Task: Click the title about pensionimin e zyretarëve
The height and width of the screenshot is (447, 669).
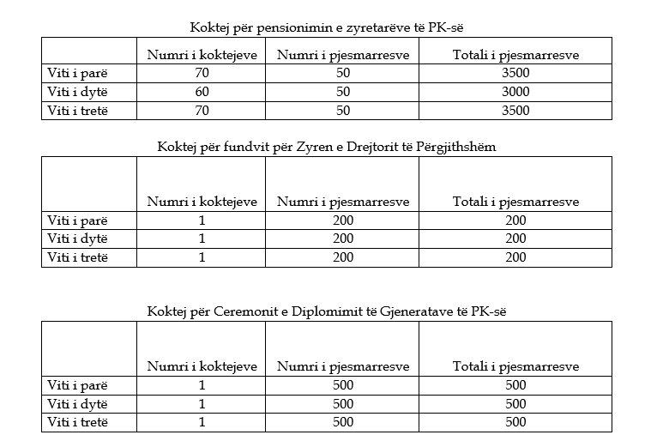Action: click(326, 27)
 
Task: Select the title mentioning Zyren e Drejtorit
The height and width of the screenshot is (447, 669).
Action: click(326, 146)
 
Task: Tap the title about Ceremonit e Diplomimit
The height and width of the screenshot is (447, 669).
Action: click(326, 310)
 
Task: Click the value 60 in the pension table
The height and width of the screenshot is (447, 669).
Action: click(202, 92)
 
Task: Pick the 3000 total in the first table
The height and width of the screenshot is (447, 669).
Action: click(515, 92)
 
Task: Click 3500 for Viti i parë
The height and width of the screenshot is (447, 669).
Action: click(515, 74)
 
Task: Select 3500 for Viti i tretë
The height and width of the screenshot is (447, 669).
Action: click(515, 110)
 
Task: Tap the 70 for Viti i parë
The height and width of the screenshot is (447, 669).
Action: click(202, 74)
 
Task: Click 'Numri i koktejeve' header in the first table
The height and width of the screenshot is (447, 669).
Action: click(202, 56)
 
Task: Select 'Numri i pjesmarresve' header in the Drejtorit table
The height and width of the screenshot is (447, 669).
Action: click(342, 202)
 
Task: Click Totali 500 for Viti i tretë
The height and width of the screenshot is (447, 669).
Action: click(515, 422)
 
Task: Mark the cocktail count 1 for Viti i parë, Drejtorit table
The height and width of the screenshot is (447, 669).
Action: click(202, 220)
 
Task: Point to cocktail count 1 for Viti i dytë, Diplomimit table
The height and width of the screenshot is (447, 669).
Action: click(202, 404)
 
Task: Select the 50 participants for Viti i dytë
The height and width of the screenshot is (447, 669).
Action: click(342, 92)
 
